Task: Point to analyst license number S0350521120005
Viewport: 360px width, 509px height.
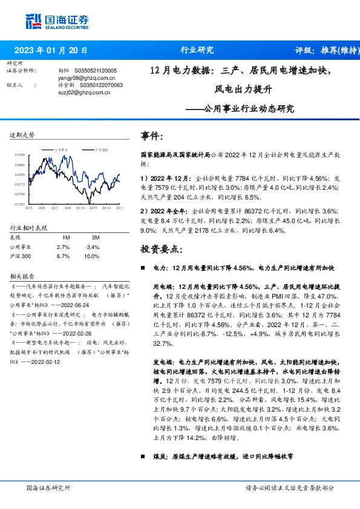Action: pos(96,71)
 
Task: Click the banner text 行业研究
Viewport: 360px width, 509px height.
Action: pos(197,50)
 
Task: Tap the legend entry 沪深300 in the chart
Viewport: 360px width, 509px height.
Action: pos(102,149)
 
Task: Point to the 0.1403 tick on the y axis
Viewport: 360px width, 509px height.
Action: pos(20,155)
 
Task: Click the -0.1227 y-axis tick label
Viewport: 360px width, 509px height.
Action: pos(20,204)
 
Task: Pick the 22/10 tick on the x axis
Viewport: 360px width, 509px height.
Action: pos(80,208)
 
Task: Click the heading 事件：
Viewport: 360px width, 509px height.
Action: pos(152,136)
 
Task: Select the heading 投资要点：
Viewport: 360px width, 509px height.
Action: pos(160,248)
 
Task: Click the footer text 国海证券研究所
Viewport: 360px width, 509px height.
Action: pos(49,487)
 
